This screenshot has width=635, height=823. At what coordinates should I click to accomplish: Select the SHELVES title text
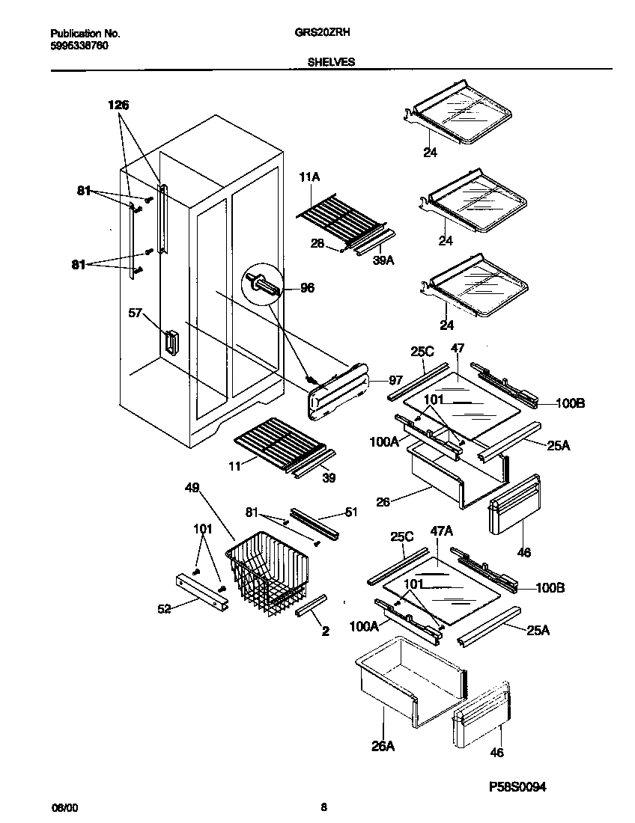(331, 63)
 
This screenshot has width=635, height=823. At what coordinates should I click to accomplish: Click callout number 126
(118, 105)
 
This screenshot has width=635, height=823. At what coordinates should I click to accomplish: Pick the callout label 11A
(309, 177)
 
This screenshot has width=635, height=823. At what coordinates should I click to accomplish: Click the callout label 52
(164, 608)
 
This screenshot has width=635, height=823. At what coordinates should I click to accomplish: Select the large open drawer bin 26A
(408, 677)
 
